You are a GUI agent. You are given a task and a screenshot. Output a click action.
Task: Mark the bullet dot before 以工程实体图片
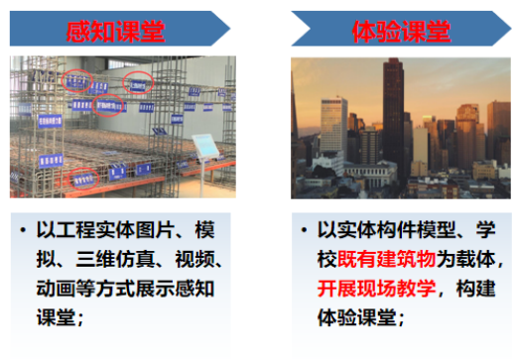click(24, 231)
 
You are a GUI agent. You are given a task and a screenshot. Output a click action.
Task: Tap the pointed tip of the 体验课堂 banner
click(508, 29)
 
